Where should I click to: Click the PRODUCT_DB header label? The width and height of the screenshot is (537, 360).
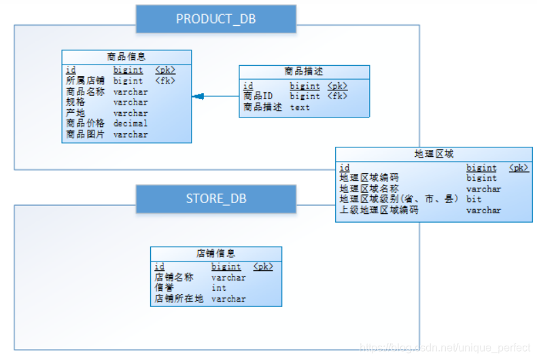215,19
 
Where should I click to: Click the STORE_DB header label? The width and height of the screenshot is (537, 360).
215,198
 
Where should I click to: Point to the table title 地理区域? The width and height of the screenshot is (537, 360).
434,154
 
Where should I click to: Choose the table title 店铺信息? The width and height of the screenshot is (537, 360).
215,253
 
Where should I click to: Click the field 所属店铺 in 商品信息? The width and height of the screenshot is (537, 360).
85,81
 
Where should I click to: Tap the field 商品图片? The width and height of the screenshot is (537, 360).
85,134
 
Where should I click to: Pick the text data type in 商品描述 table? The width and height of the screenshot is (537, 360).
299,107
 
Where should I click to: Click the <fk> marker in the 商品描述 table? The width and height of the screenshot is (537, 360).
337,96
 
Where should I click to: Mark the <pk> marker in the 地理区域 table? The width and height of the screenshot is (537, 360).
519,167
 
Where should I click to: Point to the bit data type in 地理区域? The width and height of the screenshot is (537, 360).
473,200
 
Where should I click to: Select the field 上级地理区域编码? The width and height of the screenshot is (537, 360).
379,211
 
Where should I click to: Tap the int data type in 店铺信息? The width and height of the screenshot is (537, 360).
218,288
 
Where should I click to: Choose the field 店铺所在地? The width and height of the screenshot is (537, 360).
178,299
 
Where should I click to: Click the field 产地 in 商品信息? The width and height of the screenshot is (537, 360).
75,113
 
